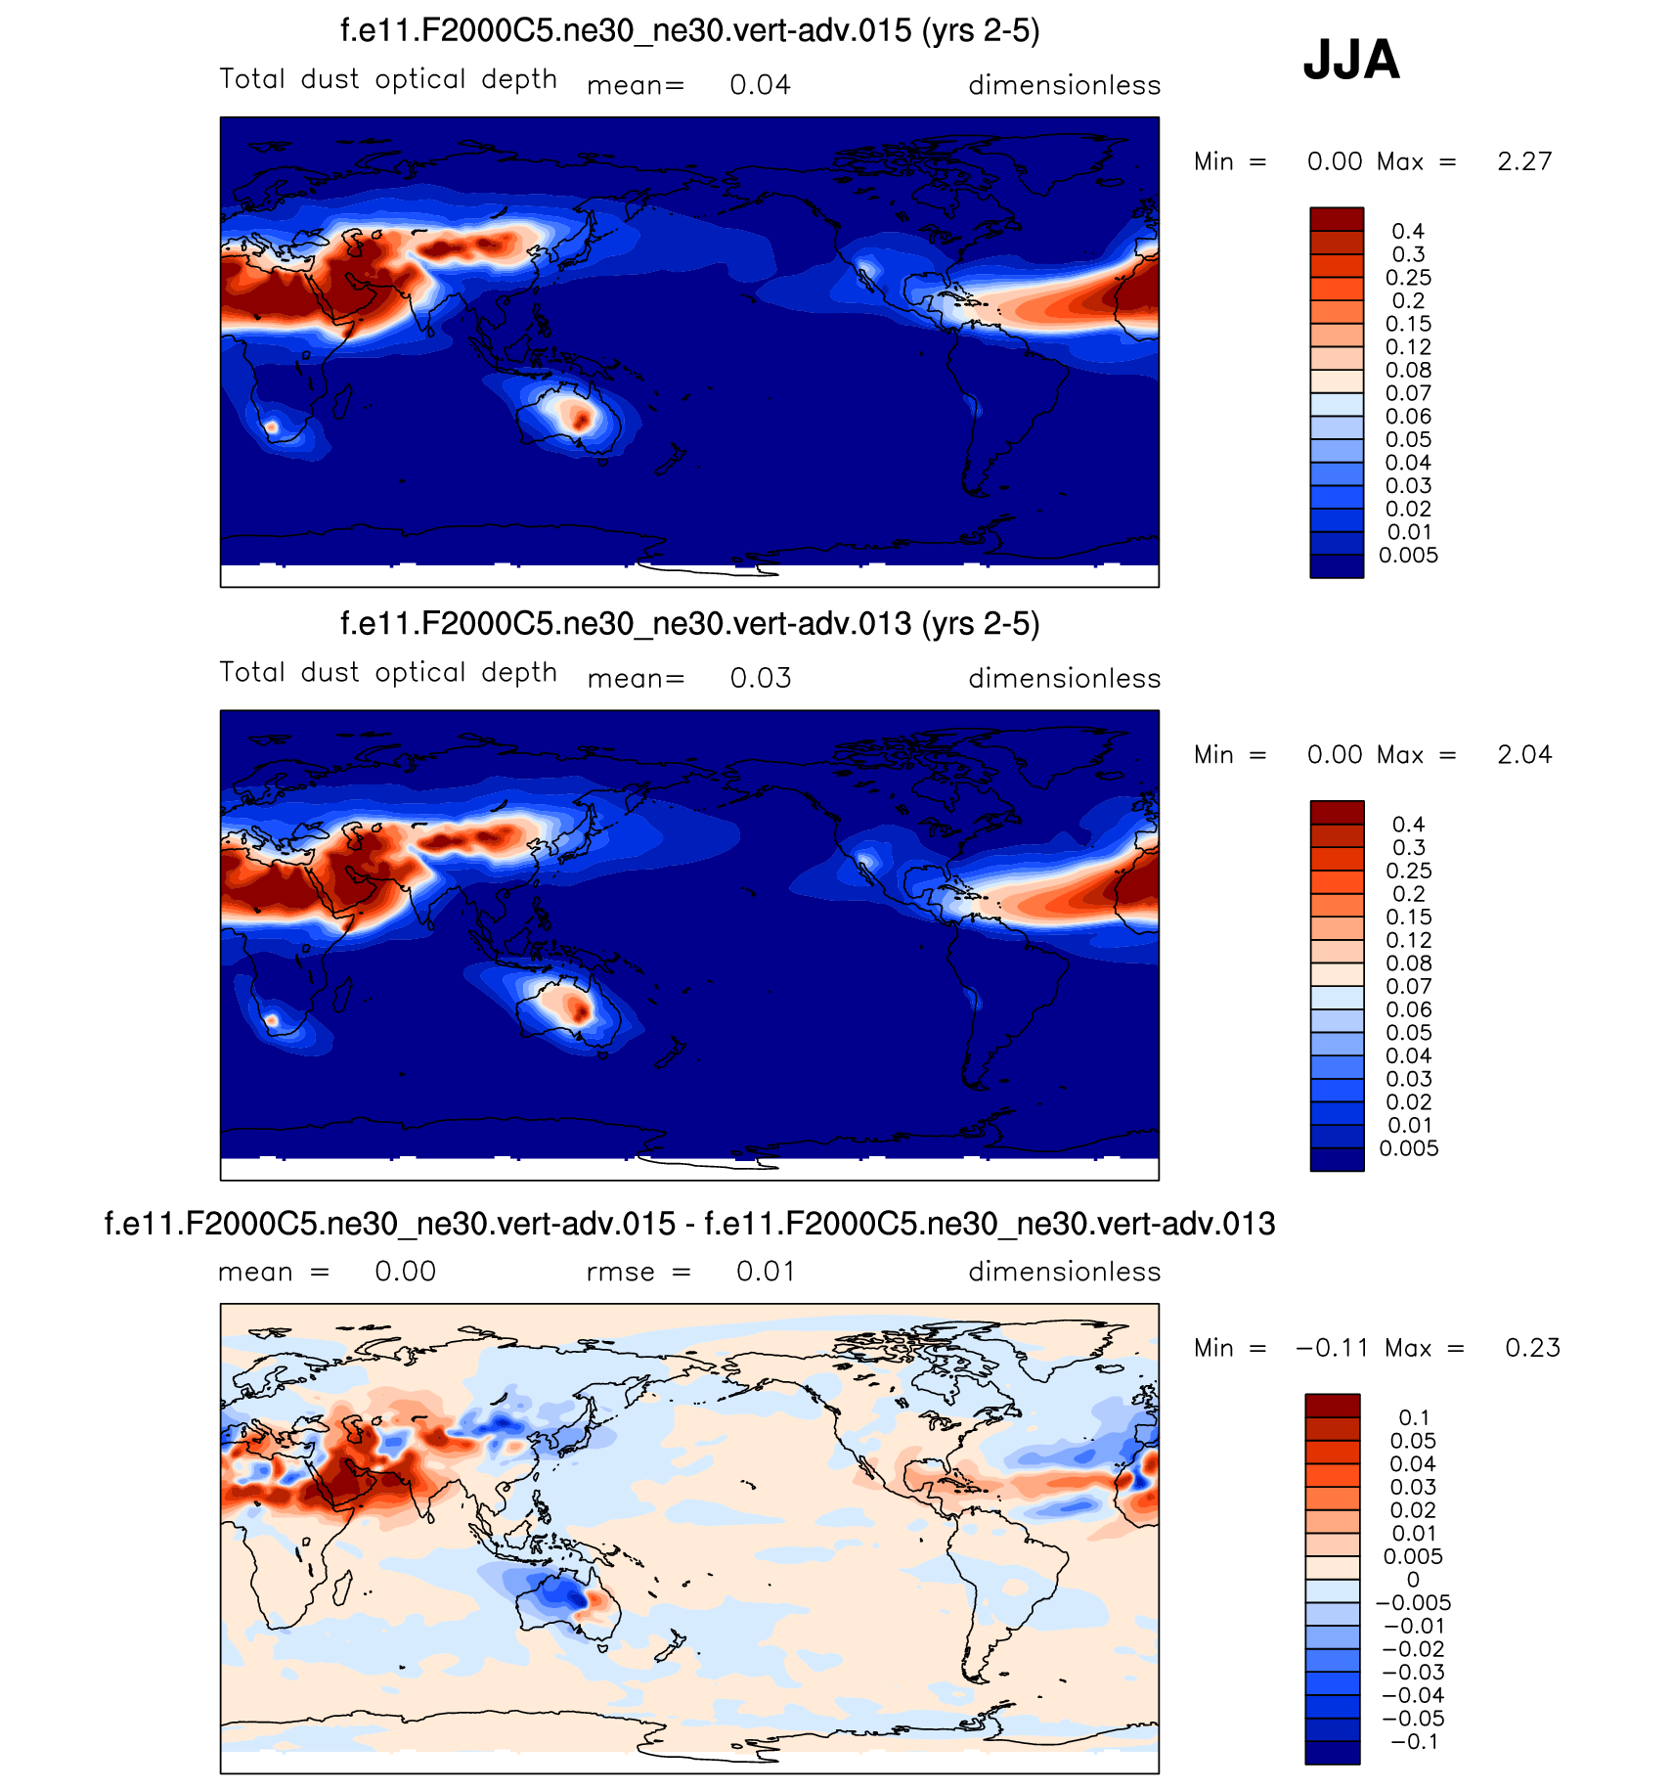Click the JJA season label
pyautogui.click(x=1351, y=60)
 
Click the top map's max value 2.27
pyautogui.click(x=1524, y=161)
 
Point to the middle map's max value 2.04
pyautogui.click(x=1524, y=754)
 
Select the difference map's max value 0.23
pyautogui.click(x=1532, y=1348)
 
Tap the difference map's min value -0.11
pyautogui.click(x=1332, y=1348)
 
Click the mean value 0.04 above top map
pyautogui.click(x=760, y=85)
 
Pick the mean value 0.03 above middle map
pyautogui.click(x=760, y=678)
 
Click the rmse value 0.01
pyautogui.click(x=766, y=1272)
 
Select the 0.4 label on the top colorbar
pyautogui.click(x=1408, y=232)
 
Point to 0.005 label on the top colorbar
pyautogui.click(x=1408, y=556)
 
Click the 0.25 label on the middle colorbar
pyautogui.click(x=1408, y=871)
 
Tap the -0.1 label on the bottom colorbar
pyautogui.click(x=1414, y=1741)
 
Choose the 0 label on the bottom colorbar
pyautogui.click(x=1413, y=1580)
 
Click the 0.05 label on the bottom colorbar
pyautogui.click(x=1413, y=1441)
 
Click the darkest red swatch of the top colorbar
pyautogui.click(x=1337, y=219)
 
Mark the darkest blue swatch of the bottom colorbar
pyautogui.click(x=1332, y=1752)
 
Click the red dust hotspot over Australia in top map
pyautogui.click(x=582, y=420)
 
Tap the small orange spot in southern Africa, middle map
pyautogui.click(x=273, y=1020)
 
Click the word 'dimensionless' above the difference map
pyautogui.click(x=1064, y=1272)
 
